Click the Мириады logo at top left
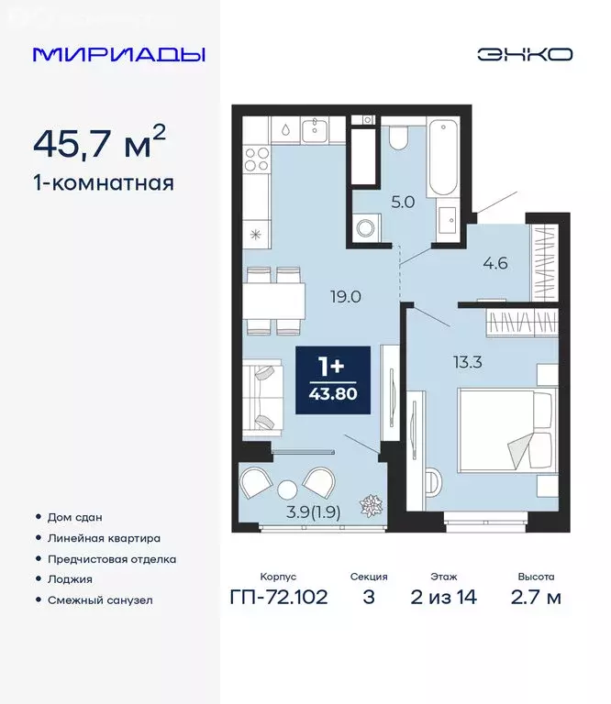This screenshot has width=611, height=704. coord(118,54)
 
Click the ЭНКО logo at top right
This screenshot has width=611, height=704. coord(524,54)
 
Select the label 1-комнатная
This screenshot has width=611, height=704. coord(103,182)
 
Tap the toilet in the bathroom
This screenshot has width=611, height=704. coord(398,137)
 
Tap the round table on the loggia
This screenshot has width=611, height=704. coord(287,489)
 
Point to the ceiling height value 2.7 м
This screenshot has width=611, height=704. coord(535,598)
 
